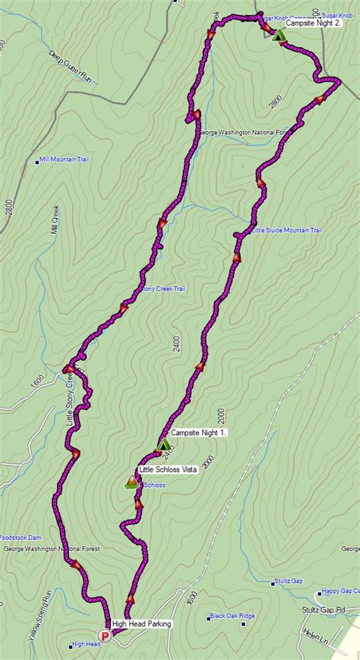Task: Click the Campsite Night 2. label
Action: (x=314, y=24)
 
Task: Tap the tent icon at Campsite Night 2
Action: (x=278, y=35)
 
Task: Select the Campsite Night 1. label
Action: (x=199, y=432)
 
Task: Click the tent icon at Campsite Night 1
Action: (x=164, y=444)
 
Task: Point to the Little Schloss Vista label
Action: (x=168, y=470)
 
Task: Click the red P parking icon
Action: (x=105, y=636)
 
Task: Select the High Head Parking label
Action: (x=141, y=624)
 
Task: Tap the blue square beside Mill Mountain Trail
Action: (x=39, y=162)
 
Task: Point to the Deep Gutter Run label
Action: (x=71, y=67)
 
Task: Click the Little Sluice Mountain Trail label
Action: (x=287, y=230)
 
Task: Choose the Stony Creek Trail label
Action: (x=160, y=289)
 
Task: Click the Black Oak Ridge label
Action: (x=233, y=616)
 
